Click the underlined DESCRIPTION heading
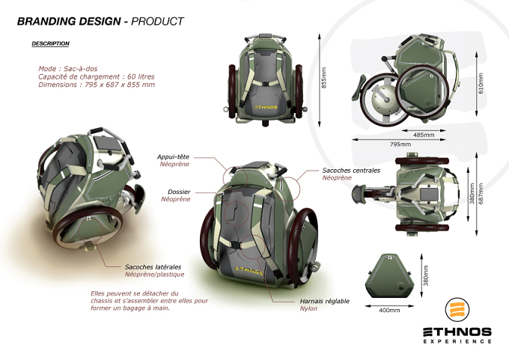(x=50, y=43)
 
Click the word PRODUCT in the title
(x=157, y=22)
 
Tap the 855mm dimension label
(x=323, y=78)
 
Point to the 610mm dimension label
(x=481, y=83)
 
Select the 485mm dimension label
(x=424, y=135)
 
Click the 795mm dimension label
(x=400, y=144)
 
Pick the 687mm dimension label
(x=481, y=194)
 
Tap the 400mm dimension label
(x=389, y=311)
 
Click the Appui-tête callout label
(x=173, y=156)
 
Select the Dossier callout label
(x=179, y=192)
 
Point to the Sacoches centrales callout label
(x=351, y=171)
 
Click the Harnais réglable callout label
(x=325, y=301)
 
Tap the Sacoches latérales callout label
(x=153, y=267)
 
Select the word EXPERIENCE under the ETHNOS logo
(x=457, y=341)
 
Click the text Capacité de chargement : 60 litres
(x=97, y=76)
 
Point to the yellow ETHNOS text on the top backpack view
(x=266, y=106)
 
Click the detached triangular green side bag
(x=389, y=276)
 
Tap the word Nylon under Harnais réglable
(x=308, y=308)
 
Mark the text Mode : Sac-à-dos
(x=68, y=69)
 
